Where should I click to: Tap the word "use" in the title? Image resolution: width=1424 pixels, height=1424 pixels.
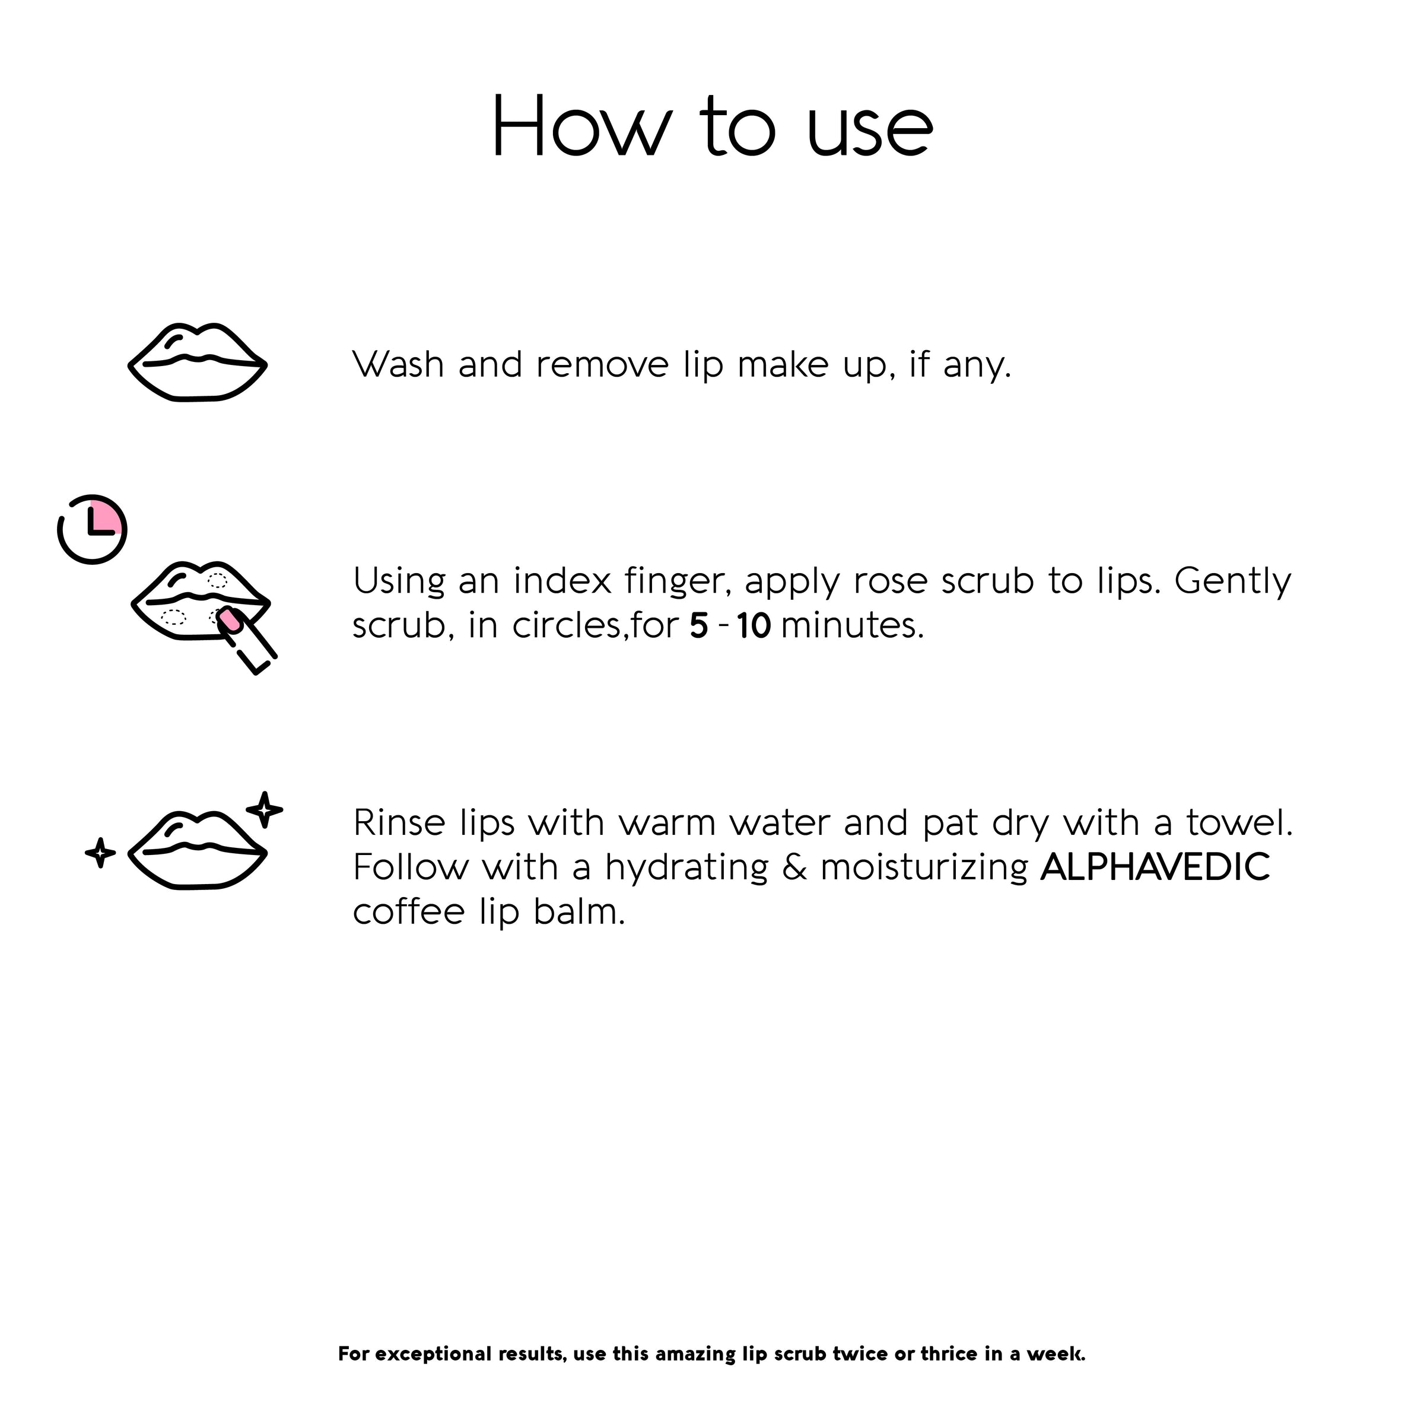(x=870, y=130)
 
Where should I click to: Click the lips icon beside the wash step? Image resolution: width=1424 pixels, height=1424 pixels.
(x=198, y=363)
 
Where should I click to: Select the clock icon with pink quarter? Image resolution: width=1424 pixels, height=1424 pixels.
(x=92, y=530)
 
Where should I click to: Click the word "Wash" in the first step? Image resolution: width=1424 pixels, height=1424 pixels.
(x=398, y=364)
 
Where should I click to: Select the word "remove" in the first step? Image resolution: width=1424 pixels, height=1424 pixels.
(x=602, y=365)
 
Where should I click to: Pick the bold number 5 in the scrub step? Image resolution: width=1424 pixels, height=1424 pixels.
(x=699, y=626)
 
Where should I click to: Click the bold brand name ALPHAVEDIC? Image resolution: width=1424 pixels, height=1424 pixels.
(x=1155, y=867)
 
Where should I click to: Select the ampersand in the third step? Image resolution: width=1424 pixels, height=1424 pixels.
(x=794, y=867)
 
